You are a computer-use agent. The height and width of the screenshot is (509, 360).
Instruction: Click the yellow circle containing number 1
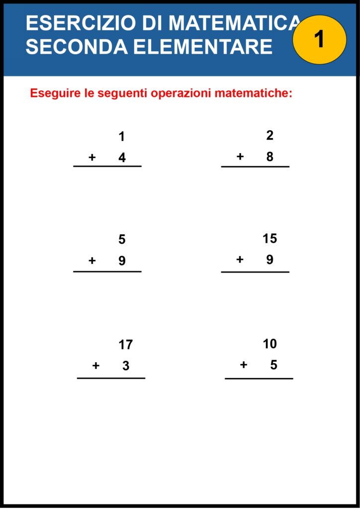pyautogui.click(x=319, y=39)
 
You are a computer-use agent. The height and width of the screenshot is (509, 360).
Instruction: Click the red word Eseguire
pyautogui.click(x=55, y=93)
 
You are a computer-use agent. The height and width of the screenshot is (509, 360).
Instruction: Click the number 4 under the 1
pyautogui.click(x=122, y=158)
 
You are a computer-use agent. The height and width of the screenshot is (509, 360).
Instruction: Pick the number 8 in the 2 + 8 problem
pyautogui.click(x=270, y=157)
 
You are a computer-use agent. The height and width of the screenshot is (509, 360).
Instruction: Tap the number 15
pyautogui.click(x=270, y=239)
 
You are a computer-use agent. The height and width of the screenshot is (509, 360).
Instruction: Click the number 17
pyautogui.click(x=126, y=344)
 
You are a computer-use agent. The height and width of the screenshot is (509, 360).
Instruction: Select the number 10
pyautogui.click(x=270, y=343)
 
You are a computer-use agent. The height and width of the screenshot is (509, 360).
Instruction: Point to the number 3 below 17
pyautogui.click(x=126, y=366)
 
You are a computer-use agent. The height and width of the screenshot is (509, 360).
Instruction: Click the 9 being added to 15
pyautogui.click(x=270, y=259)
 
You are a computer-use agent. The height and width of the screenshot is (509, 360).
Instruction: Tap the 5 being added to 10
pyautogui.click(x=273, y=365)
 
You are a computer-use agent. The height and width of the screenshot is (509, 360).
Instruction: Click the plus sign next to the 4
pyautogui.click(x=92, y=158)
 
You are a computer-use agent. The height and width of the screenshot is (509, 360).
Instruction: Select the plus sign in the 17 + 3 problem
pyautogui.click(x=96, y=366)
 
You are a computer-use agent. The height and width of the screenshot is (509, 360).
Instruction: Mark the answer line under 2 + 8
pyautogui.click(x=255, y=167)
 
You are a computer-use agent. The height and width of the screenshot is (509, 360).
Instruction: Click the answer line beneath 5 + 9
pyautogui.click(x=107, y=271)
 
